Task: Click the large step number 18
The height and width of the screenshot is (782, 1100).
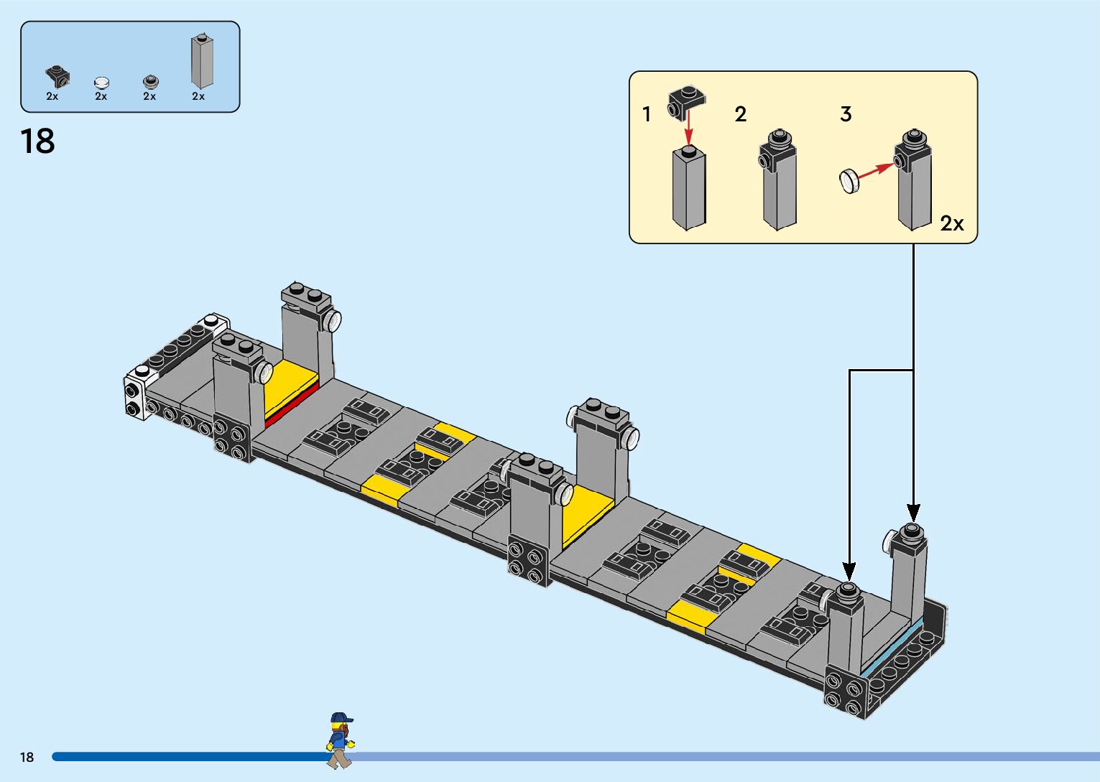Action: (37, 141)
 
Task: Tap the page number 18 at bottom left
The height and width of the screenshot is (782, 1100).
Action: (27, 757)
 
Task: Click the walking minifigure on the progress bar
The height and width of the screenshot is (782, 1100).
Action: (340, 740)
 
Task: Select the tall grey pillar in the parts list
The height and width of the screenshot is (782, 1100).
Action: (202, 62)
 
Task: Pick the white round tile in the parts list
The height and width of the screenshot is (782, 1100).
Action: (102, 83)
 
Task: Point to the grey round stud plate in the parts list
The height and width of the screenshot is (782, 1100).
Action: (150, 81)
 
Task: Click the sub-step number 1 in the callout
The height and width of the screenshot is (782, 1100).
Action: (647, 114)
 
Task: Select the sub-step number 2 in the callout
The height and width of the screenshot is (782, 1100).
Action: (741, 114)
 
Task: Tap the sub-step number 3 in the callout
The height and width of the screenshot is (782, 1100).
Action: (846, 114)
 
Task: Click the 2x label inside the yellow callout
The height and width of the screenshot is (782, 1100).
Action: (952, 224)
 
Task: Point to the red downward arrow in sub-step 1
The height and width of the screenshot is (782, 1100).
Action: (688, 131)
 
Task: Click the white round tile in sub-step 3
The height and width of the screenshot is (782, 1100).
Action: (849, 180)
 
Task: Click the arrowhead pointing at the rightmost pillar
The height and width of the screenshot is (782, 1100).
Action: (913, 513)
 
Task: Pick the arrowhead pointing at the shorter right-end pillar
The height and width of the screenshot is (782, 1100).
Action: (849, 572)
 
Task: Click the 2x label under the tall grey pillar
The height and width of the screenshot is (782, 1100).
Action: (198, 96)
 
